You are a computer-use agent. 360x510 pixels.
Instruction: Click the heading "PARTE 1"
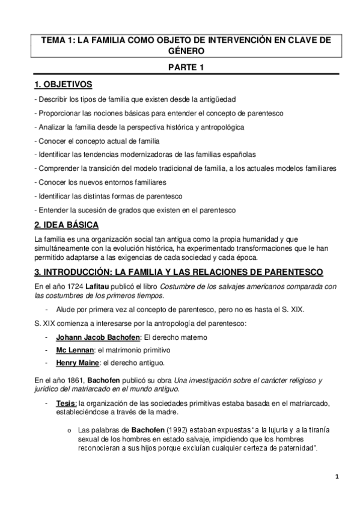click(186, 67)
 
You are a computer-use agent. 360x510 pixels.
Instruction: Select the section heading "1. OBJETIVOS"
click(63, 84)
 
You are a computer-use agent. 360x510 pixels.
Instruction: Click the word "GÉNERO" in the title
click(186, 52)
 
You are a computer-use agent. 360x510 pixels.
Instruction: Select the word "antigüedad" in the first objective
click(216, 98)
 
